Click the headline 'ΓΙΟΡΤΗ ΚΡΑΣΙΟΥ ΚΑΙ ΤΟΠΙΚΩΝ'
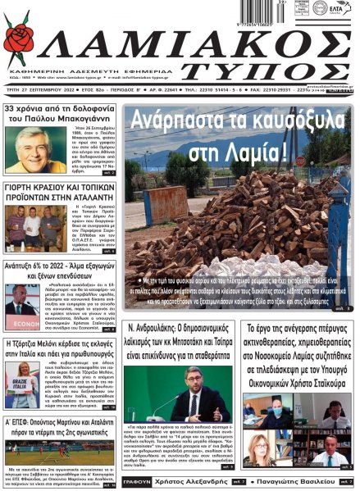point(61,188)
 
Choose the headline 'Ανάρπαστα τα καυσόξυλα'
point(236,126)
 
